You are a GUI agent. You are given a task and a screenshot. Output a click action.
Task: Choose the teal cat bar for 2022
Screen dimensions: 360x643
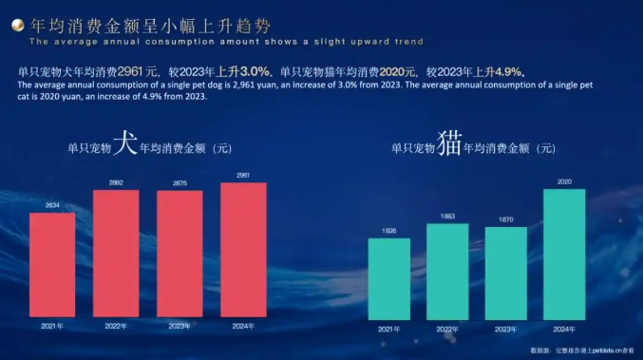click(x=447, y=271)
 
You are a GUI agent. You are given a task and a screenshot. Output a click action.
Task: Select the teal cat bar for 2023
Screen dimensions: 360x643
click(x=505, y=273)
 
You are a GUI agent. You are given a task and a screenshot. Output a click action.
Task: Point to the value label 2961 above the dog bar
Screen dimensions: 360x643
click(x=243, y=176)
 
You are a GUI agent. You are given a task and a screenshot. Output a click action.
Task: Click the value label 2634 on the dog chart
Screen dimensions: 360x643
click(x=52, y=205)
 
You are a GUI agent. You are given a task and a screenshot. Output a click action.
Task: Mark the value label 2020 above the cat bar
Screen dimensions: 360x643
click(x=563, y=181)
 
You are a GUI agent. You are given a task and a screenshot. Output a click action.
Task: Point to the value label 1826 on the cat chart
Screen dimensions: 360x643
click(x=389, y=231)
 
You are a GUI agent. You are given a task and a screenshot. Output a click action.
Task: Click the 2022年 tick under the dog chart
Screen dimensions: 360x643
click(x=116, y=326)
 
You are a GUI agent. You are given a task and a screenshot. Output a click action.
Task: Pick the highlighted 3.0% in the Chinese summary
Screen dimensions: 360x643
click(x=256, y=71)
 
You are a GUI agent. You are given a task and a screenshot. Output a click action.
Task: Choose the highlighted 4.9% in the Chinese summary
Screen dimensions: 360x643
click(x=507, y=71)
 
